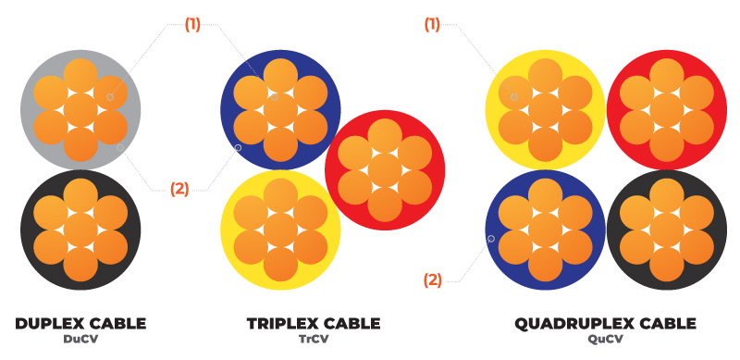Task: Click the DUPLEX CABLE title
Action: tap(80, 323)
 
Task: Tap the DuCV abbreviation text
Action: tap(80, 339)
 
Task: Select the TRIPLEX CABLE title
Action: tap(314, 323)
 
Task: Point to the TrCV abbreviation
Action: tap(314, 339)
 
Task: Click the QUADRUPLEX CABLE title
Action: tap(605, 323)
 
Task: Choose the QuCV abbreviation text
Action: tap(605, 339)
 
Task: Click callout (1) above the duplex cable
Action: tap(192, 25)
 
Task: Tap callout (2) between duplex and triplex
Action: tap(179, 189)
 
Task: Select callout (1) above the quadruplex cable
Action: tap(432, 25)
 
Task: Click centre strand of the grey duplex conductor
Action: tap(80, 110)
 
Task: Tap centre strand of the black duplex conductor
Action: tap(80, 230)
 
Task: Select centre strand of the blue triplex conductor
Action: tap(280, 110)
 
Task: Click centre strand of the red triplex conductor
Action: tap(385, 171)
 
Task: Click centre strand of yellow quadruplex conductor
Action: tap(545, 110)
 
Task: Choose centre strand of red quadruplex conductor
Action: tap(666, 110)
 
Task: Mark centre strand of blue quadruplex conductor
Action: tap(545, 230)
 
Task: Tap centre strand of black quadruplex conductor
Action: tap(666, 230)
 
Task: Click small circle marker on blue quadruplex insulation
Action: tap(490, 239)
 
